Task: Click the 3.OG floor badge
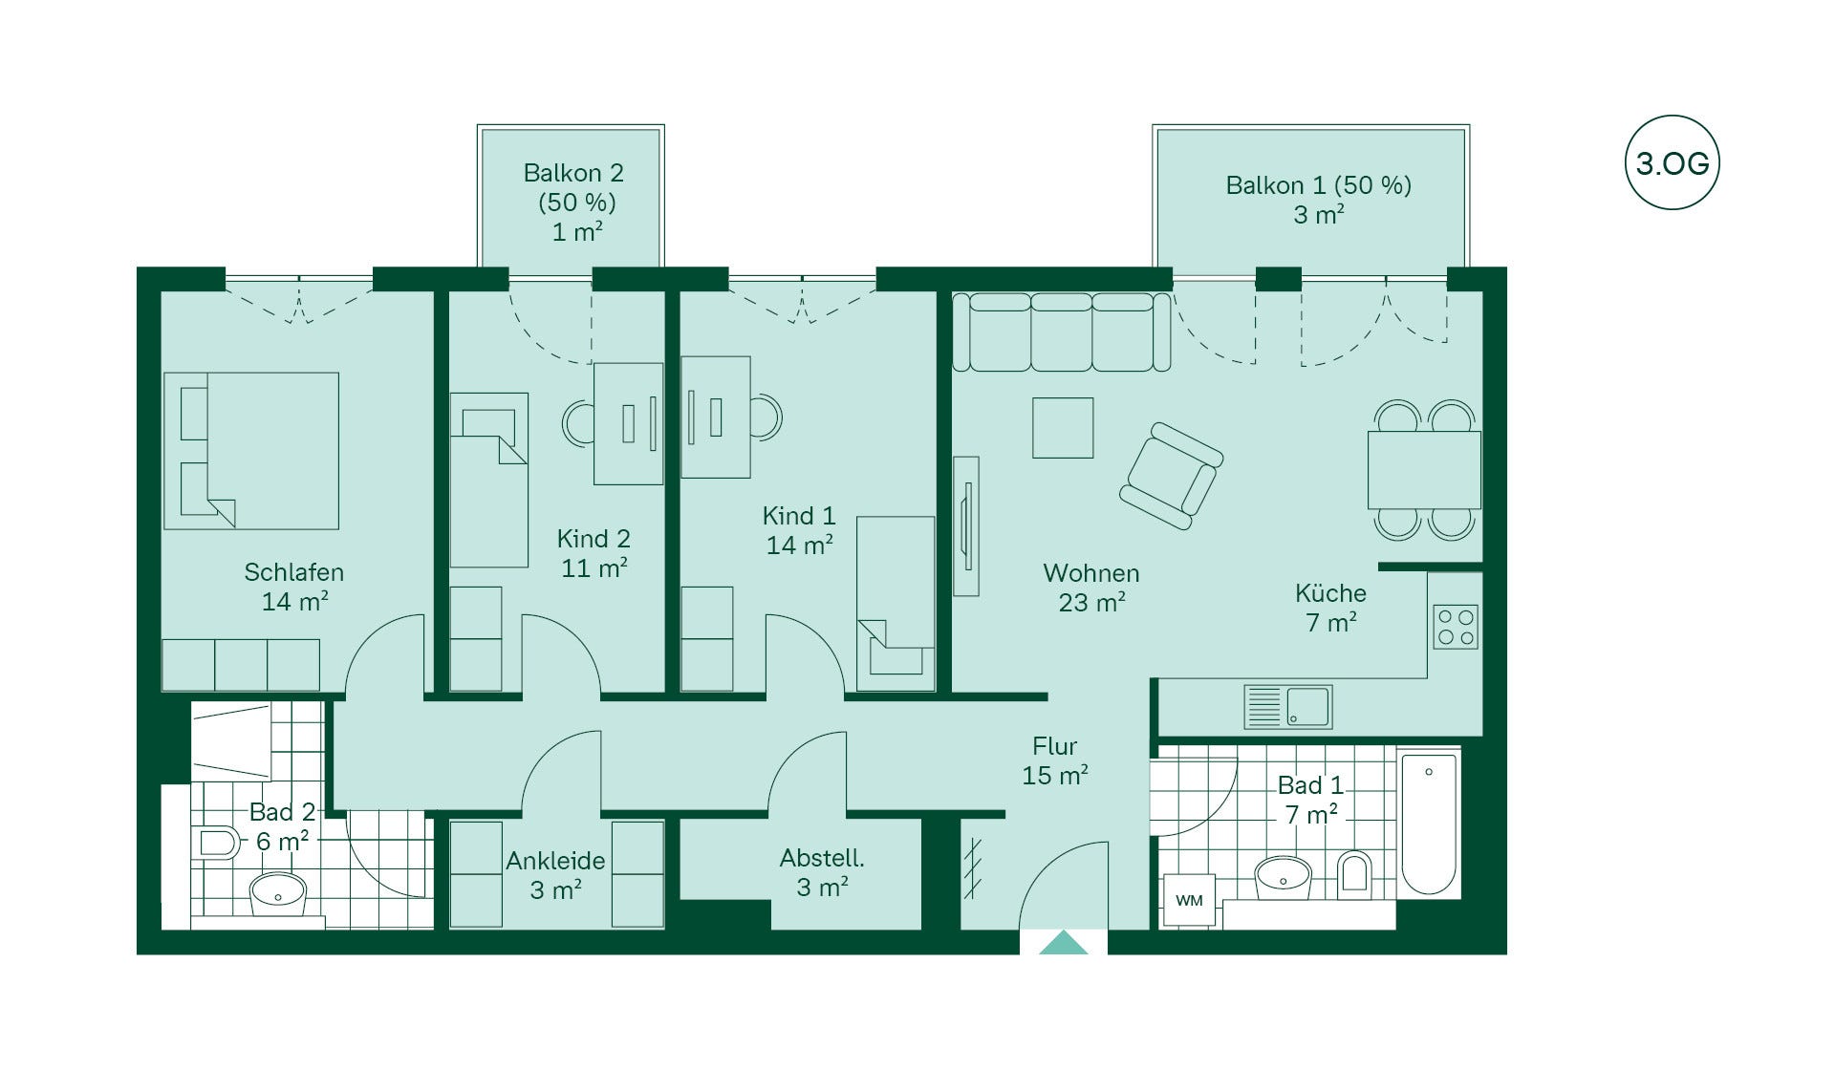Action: tap(1672, 162)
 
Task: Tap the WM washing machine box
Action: tap(1189, 900)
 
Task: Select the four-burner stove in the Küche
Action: tap(1455, 627)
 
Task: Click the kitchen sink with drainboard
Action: tap(1287, 707)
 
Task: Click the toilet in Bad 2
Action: tap(216, 843)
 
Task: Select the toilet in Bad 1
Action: tap(1354, 870)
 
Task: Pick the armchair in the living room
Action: tap(1172, 476)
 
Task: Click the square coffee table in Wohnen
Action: tap(1063, 427)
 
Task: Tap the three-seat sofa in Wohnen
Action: tap(1062, 332)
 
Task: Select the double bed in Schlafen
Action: tap(251, 451)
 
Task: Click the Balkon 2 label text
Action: tap(573, 173)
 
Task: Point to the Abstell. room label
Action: tap(822, 858)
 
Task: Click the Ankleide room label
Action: tap(555, 860)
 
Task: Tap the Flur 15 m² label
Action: tap(1055, 760)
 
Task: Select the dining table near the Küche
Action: tap(1424, 470)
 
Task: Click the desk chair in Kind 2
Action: tap(578, 423)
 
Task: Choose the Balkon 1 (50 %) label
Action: tap(1319, 185)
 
